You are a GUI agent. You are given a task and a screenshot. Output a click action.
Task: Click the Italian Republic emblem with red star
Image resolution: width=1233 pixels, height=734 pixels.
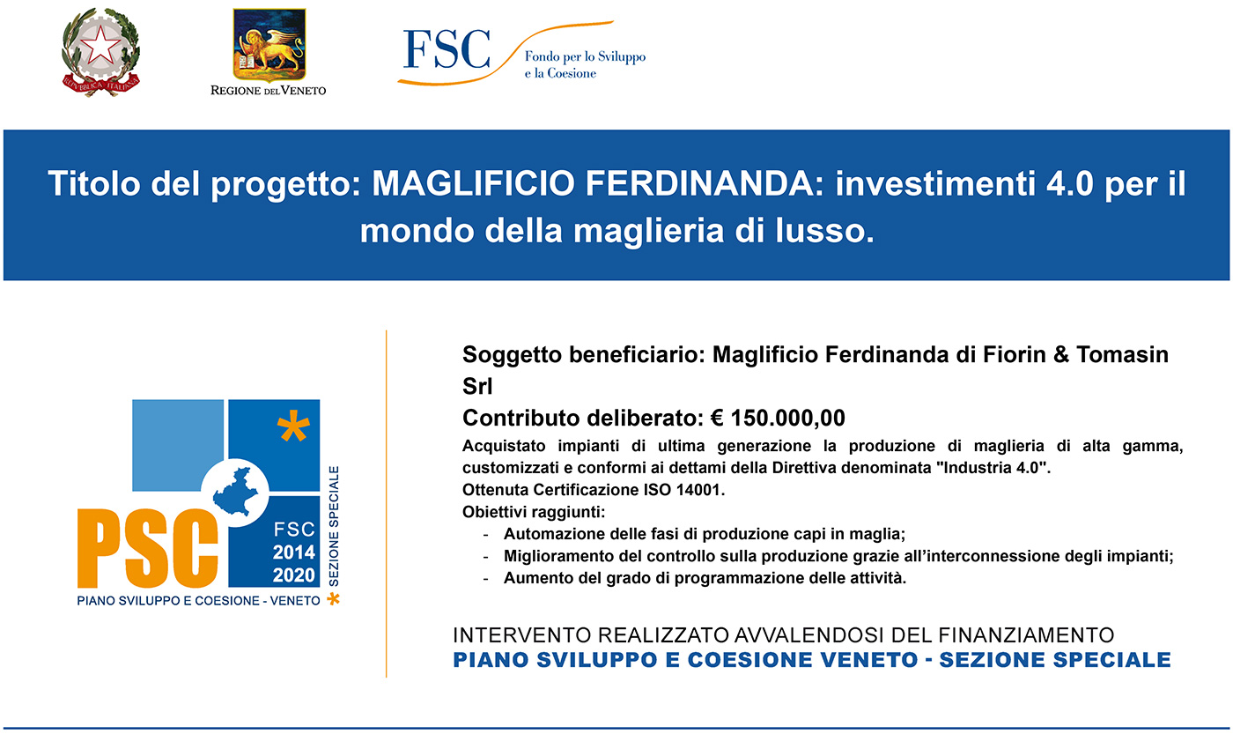click(x=100, y=52)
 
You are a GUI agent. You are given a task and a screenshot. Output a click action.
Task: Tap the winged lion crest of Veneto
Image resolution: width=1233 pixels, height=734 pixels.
click(x=269, y=45)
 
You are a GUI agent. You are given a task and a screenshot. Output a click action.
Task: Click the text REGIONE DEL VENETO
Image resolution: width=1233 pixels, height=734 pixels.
click(x=268, y=90)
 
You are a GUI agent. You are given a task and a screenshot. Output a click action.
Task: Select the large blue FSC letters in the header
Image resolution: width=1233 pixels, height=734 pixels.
click(x=447, y=48)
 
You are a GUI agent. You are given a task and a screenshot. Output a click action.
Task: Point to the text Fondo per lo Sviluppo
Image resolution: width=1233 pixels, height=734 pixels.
click(x=585, y=56)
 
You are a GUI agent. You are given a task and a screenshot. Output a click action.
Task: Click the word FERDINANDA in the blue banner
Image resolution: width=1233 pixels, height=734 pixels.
click(x=699, y=183)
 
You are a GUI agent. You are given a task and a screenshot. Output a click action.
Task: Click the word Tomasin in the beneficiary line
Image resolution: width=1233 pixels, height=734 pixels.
click(x=1122, y=354)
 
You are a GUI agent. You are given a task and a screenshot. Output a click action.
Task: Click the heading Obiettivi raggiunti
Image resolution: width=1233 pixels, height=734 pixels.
click(x=534, y=512)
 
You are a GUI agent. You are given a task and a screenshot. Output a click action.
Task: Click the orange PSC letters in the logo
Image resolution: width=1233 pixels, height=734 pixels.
click(x=148, y=548)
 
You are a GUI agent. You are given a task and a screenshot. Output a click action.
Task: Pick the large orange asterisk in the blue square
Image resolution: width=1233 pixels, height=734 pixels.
click(x=293, y=426)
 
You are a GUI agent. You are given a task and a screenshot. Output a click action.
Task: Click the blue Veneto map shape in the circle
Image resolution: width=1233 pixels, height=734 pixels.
click(x=235, y=491)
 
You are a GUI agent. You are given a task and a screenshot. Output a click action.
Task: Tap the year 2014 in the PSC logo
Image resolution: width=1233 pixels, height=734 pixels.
click(x=294, y=552)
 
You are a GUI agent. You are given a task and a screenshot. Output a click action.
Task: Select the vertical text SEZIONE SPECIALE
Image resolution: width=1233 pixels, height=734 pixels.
click(x=334, y=526)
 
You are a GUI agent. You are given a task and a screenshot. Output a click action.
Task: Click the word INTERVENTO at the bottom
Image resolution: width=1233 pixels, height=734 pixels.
click(x=521, y=635)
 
